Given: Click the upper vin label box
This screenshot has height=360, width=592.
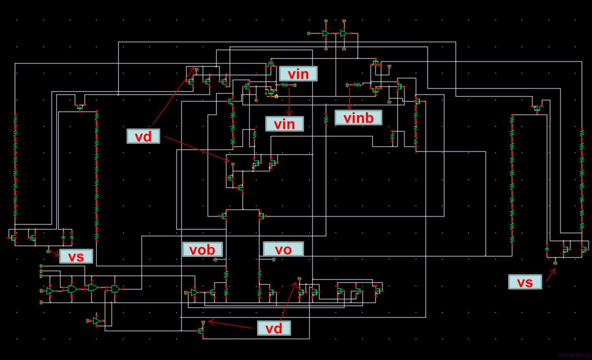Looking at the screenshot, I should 298,74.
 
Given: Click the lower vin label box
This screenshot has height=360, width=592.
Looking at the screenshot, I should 284,124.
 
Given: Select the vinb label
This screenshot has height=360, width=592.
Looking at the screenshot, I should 358,118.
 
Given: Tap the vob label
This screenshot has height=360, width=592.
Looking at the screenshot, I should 202,250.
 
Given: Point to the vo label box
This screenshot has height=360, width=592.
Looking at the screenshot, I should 283,249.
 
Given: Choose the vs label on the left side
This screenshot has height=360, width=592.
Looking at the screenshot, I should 76,256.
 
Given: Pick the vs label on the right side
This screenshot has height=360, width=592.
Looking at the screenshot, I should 525,282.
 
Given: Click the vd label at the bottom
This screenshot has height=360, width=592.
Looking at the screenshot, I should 274,328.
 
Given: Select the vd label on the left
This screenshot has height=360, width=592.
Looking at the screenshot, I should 143,136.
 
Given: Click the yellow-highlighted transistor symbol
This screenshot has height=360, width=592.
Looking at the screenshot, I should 271,93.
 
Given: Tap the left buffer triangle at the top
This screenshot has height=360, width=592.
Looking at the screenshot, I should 325,34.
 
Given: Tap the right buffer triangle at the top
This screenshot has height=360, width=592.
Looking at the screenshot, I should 343,34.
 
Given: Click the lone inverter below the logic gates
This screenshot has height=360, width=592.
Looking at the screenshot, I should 96,321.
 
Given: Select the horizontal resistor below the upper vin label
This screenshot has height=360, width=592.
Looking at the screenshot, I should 284,85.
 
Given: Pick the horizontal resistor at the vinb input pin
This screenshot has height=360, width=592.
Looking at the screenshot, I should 357,85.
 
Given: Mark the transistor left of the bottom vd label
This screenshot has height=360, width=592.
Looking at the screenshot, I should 201,331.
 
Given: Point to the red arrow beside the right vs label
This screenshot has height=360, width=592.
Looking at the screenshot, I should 550,275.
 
